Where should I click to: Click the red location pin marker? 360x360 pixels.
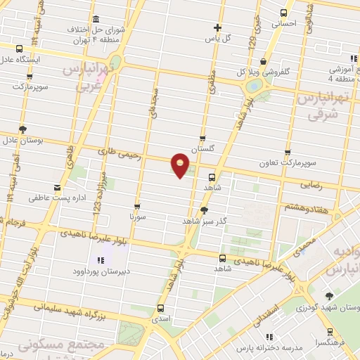181,165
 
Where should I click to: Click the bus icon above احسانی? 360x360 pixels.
284,12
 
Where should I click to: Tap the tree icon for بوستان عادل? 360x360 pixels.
23,129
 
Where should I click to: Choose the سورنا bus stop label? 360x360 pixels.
136,217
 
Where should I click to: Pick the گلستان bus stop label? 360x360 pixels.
202,149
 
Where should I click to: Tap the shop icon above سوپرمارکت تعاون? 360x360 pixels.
287,152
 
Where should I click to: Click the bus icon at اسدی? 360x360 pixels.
161,308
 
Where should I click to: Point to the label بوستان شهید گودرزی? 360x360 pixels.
330,308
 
